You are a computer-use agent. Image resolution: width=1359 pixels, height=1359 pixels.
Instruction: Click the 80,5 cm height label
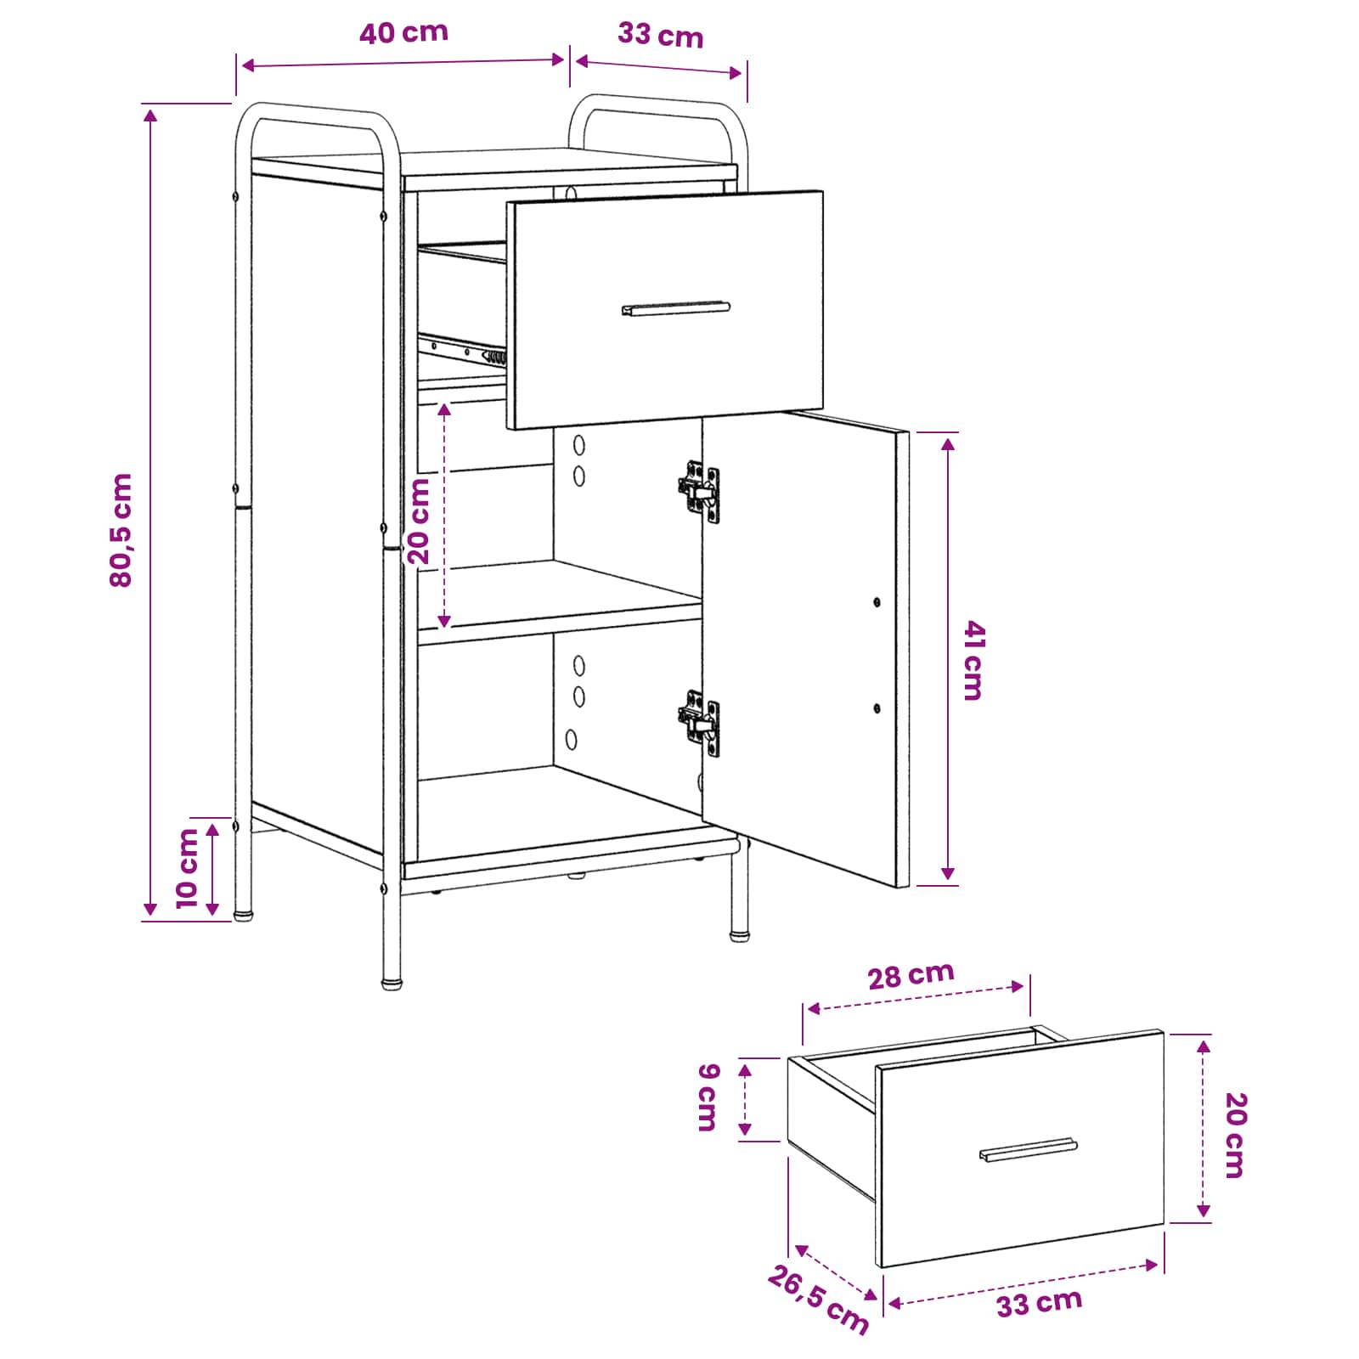(121, 530)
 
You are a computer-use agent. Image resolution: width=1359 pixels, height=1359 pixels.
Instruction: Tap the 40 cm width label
(403, 33)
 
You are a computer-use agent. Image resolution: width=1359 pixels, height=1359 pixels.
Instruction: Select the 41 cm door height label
(973, 660)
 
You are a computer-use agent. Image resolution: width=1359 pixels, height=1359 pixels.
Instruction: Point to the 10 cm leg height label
(187, 868)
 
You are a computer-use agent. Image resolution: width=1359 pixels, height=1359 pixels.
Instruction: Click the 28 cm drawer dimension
(911, 975)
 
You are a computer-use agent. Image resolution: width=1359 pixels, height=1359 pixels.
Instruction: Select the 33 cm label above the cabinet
(661, 36)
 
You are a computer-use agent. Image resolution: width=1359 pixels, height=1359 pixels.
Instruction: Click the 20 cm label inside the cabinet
(419, 521)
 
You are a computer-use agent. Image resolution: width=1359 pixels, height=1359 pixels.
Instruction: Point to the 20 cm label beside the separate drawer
(1236, 1135)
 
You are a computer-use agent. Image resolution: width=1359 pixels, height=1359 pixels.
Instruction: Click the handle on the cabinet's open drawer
(675, 308)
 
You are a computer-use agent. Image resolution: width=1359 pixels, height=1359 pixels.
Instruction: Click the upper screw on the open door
(877, 602)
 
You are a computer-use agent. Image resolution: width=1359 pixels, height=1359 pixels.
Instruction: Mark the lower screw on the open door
(877, 708)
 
